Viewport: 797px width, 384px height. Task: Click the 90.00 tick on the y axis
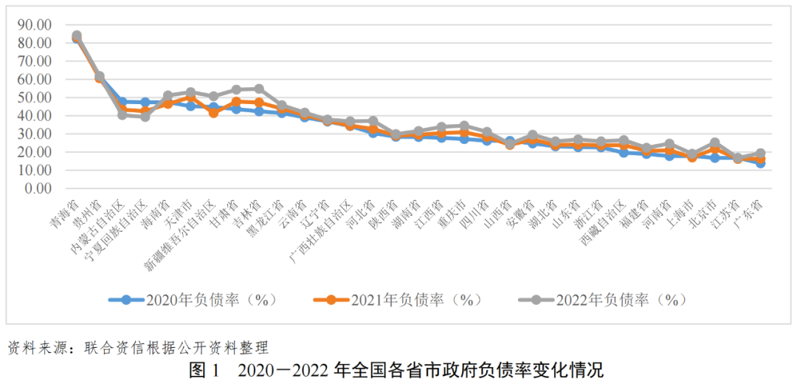tap(36, 24)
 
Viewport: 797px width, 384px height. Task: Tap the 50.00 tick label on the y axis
tap(36, 97)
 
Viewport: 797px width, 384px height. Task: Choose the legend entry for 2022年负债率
tap(602, 300)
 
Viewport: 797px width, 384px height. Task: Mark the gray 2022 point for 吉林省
tap(259, 89)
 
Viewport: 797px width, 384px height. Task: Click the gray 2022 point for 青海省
tap(77, 35)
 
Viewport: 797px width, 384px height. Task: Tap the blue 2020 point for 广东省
tap(759, 163)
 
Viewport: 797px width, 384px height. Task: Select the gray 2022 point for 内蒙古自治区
tap(123, 114)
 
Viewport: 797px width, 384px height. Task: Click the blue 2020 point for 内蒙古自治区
tap(123, 101)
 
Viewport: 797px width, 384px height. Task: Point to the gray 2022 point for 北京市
tap(714, 143)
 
